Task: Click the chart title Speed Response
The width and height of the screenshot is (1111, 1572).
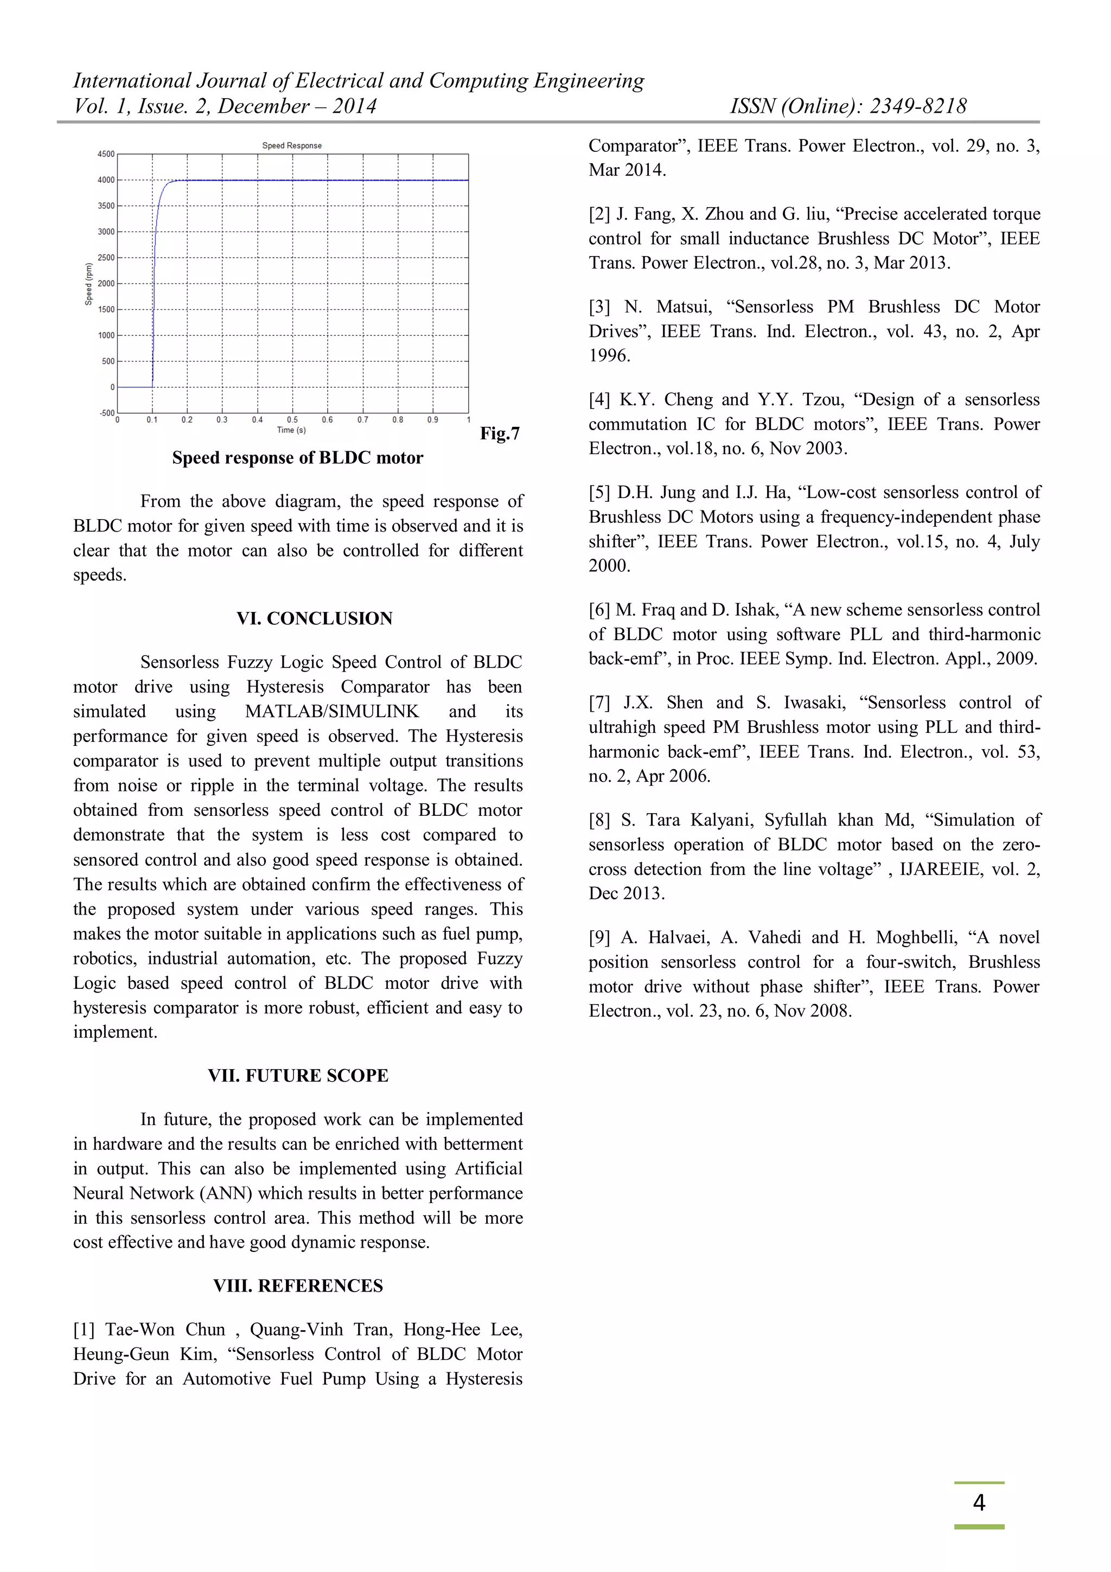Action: coord(292,145)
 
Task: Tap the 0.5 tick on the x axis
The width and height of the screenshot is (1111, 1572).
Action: coord(292,420)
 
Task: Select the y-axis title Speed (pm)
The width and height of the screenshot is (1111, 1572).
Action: coord(88,284)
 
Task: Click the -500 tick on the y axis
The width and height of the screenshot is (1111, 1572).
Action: coord(107,413)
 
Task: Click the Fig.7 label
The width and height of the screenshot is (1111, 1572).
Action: coord(500,433)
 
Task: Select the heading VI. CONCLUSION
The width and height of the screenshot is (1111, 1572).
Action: coord(314,618)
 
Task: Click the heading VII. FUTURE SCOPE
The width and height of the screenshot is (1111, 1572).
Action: coord(298,1076)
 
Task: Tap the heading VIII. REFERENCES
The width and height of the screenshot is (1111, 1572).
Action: coord(298,1286)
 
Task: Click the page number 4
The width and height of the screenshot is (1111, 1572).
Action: coord(979,1503)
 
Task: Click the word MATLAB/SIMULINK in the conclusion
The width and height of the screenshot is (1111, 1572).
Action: coord(331,711)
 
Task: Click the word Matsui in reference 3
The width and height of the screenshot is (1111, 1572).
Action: coord(683,306)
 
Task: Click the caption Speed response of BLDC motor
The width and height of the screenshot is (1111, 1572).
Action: coord(298,457)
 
